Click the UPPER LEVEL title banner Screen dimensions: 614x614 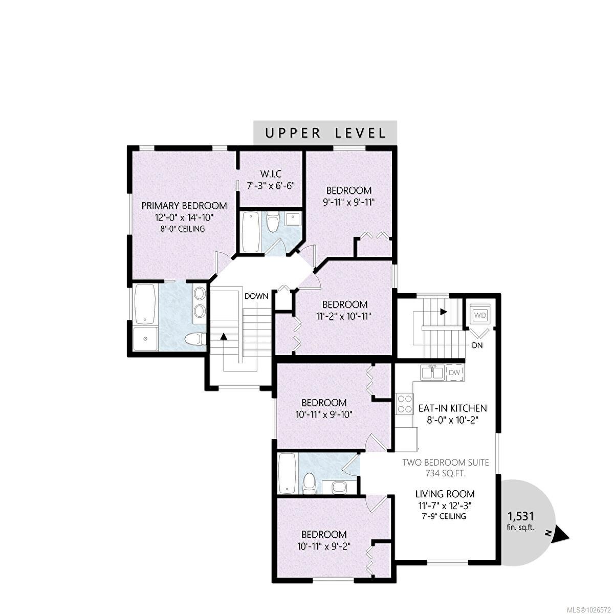[325, 133]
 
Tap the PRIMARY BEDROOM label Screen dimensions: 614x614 [184, 206]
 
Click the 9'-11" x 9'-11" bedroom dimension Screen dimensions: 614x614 [349, 202]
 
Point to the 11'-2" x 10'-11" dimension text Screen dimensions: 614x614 [342, 316]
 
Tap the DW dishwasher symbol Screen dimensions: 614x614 [454, 372]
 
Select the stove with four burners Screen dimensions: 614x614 [404, 403]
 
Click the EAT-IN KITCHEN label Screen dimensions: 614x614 [452, 408]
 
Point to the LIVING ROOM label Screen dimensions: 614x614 [445, 494]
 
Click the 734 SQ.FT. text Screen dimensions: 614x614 [446, 474]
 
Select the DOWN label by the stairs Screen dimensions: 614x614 [256, 296]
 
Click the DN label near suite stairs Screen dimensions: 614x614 [477, 345]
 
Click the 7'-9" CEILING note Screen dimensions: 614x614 [445, 516]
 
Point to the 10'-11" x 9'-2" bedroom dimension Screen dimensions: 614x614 [323, 546]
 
